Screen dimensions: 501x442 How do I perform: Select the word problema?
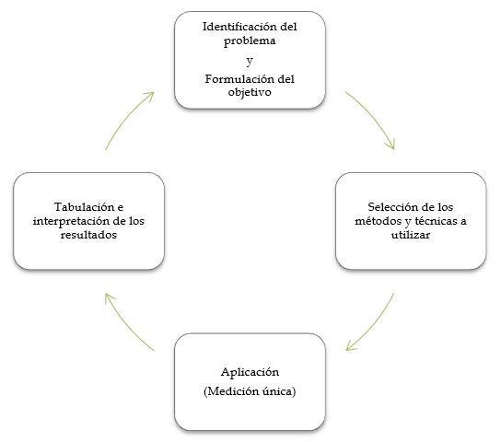(x=250, y=41)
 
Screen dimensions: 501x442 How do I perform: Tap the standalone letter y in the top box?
(x=250, y=61)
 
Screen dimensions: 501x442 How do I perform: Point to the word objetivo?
(x=250, y=93)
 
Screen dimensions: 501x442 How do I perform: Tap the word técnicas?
(x=437, y=221)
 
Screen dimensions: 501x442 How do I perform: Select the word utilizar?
(x=411, y=235)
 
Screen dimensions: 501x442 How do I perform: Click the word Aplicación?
(x=250, y=372)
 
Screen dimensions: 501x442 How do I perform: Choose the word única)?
(x=279, y=391)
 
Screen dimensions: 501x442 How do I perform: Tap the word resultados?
(x=88, y=235)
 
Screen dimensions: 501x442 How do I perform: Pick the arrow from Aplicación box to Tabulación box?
(x=125, y=326)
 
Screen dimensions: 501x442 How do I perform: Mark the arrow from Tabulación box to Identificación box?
(x=126, y=117)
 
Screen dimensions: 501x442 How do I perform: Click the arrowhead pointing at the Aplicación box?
(x=350, y=346)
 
